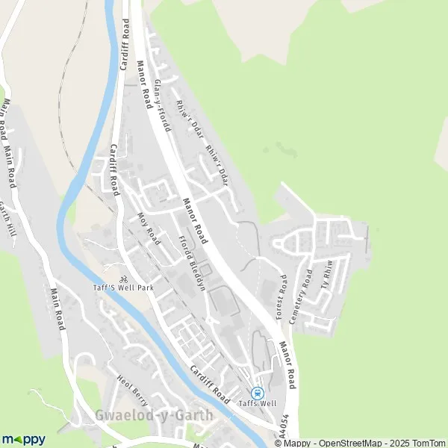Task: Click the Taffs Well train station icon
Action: point(258,393)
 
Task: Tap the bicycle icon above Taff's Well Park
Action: point(113,279)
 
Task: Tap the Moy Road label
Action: point(149,228)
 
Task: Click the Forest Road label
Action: point(282,297)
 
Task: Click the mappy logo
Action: point(23,439)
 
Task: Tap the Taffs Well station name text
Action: point(258,404)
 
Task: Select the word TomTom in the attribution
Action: point(428,443)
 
